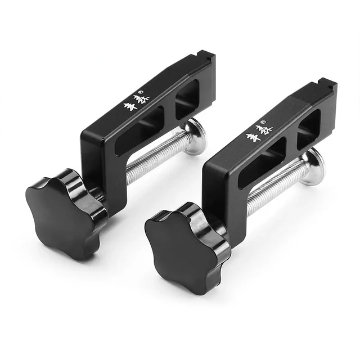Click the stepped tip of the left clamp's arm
(207, 58)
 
